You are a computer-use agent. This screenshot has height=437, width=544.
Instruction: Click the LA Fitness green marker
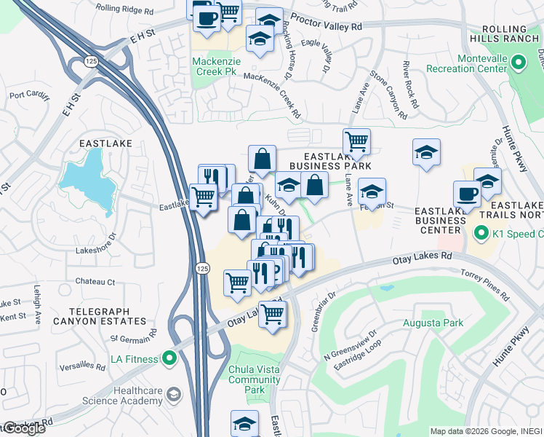point(169,358)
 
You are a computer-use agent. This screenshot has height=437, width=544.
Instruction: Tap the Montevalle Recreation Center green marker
point(518,63)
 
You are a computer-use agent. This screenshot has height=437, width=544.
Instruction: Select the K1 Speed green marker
point(481,234)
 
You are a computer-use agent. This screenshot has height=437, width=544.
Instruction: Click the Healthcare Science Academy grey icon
point(173,395)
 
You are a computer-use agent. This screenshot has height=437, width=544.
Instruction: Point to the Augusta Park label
point(433,322)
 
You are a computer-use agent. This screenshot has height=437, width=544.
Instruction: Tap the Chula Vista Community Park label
point(254,379)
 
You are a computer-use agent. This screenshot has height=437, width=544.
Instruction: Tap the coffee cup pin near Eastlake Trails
point(467,194)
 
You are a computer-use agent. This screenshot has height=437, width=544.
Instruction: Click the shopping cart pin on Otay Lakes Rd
point(273,315)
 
